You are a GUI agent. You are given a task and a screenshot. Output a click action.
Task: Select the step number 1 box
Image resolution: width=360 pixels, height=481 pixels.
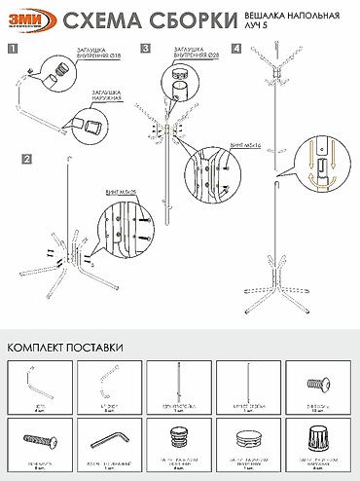pyautogui.click(x=11, y=47)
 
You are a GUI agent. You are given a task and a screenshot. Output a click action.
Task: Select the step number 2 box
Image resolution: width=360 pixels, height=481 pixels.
pyautogui.click(x=27, y=157)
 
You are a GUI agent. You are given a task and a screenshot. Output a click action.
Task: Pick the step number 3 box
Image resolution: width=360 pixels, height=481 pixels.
pyautogui.click(x=145, y=47)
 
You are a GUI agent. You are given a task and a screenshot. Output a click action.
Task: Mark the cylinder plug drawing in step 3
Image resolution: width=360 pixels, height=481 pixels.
pyautogui.click(x=181, y=91)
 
